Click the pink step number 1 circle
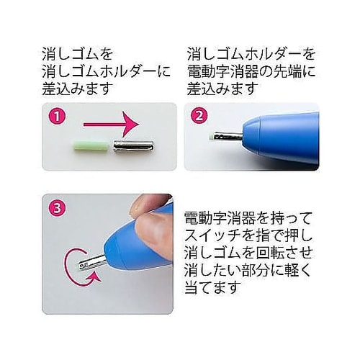pyautogui.click(x=57, y=117)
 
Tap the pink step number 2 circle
pyautogui.click(x=199, y=117)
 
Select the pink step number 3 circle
pyautogui.click(x=57, y=208)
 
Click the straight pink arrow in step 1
pyautogui.click(x=112, y=124)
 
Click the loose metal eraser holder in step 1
pyautogui.click(x=133, y=145)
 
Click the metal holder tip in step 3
pyautogui.click(x=92, y=262)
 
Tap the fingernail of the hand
pyautogui.click(x=138, y=207)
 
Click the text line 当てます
pyautogui.click(x=212, y=287)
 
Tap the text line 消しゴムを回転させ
pyautogui.click(x=248, y=253)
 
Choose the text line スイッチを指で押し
pyautogui.click(x=248, y=235)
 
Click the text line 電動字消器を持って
pyautogui.click(x=248, y=218)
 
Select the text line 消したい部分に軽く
pyautogui.click(x=248, y=270)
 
